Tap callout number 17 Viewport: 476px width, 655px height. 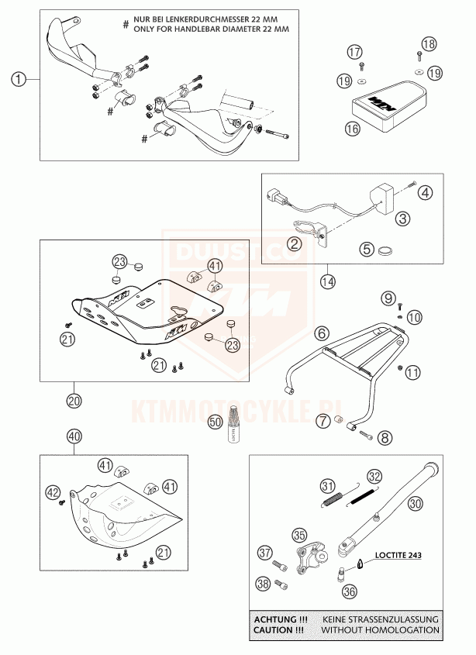coord(354,52)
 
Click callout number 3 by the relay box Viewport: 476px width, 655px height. coord(402,219)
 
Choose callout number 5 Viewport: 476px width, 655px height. coord(365,250)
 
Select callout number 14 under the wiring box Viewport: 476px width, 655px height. coord(329,281)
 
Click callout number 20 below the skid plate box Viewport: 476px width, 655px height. coord(74,402)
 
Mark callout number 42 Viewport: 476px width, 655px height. coord(53,491)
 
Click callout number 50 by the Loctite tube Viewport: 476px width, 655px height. coord(215,422)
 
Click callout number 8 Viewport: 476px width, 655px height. coord(386,438)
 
